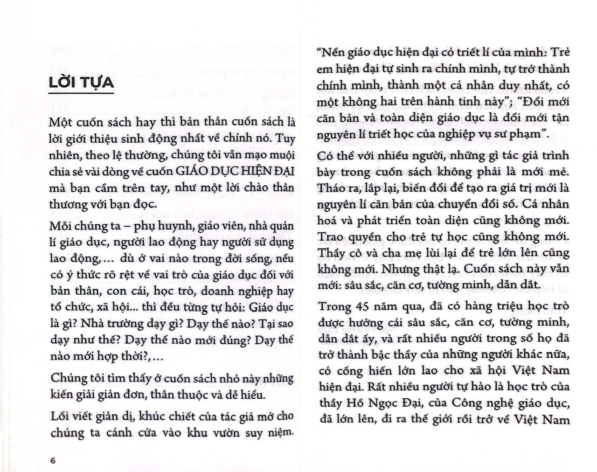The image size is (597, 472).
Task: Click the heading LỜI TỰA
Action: [x=82, y=83]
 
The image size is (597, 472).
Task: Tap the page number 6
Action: [x=53, y=461]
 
